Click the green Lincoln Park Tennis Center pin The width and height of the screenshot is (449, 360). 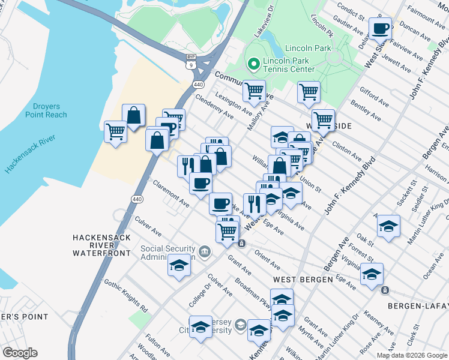point(253,63)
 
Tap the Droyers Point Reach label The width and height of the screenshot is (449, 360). point(46,110)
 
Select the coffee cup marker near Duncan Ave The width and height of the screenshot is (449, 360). point(381,28)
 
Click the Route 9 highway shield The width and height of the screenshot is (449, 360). point(190,64)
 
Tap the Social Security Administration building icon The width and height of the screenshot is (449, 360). point(205,250)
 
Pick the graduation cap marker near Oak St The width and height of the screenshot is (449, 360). point(388,226)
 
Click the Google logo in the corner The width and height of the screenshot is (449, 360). point(20,353)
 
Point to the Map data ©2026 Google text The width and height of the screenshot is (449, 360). point(412,355)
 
